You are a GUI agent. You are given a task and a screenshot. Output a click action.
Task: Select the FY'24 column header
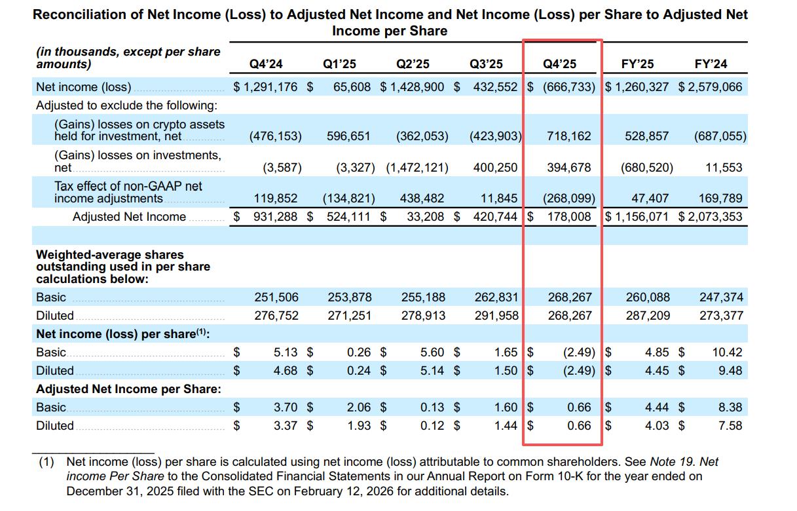(x=711, y=64)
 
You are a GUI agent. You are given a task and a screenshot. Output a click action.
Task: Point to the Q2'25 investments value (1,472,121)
(x=417, y=168)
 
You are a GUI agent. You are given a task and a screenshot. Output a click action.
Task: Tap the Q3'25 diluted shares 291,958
(x=496, y=315)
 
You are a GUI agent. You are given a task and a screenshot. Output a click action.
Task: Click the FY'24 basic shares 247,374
(x=721, y=297)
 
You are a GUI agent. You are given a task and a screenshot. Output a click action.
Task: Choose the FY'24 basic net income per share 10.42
(x=727, y=352)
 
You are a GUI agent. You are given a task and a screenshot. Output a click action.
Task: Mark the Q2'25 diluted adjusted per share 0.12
(x=432, y=425)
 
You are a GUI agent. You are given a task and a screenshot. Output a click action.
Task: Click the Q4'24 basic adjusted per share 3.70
(x=286, y=407)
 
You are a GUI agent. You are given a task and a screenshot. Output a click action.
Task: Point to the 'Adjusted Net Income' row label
(x=129, y=217)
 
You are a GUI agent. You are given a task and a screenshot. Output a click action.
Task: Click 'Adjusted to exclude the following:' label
(x=126, y=105)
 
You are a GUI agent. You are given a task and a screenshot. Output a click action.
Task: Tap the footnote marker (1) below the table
(x=46, y=462)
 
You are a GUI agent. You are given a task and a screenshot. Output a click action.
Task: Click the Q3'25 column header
(x=486, y=64)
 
